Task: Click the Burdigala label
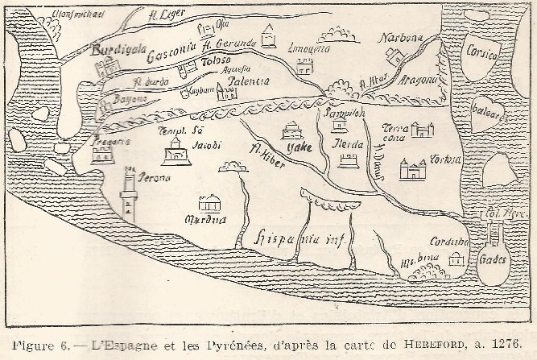point(118,51)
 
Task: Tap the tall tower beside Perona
point(129,194)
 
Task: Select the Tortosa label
point(445,158)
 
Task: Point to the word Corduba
point(447,240)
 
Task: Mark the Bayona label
point(128,97)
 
